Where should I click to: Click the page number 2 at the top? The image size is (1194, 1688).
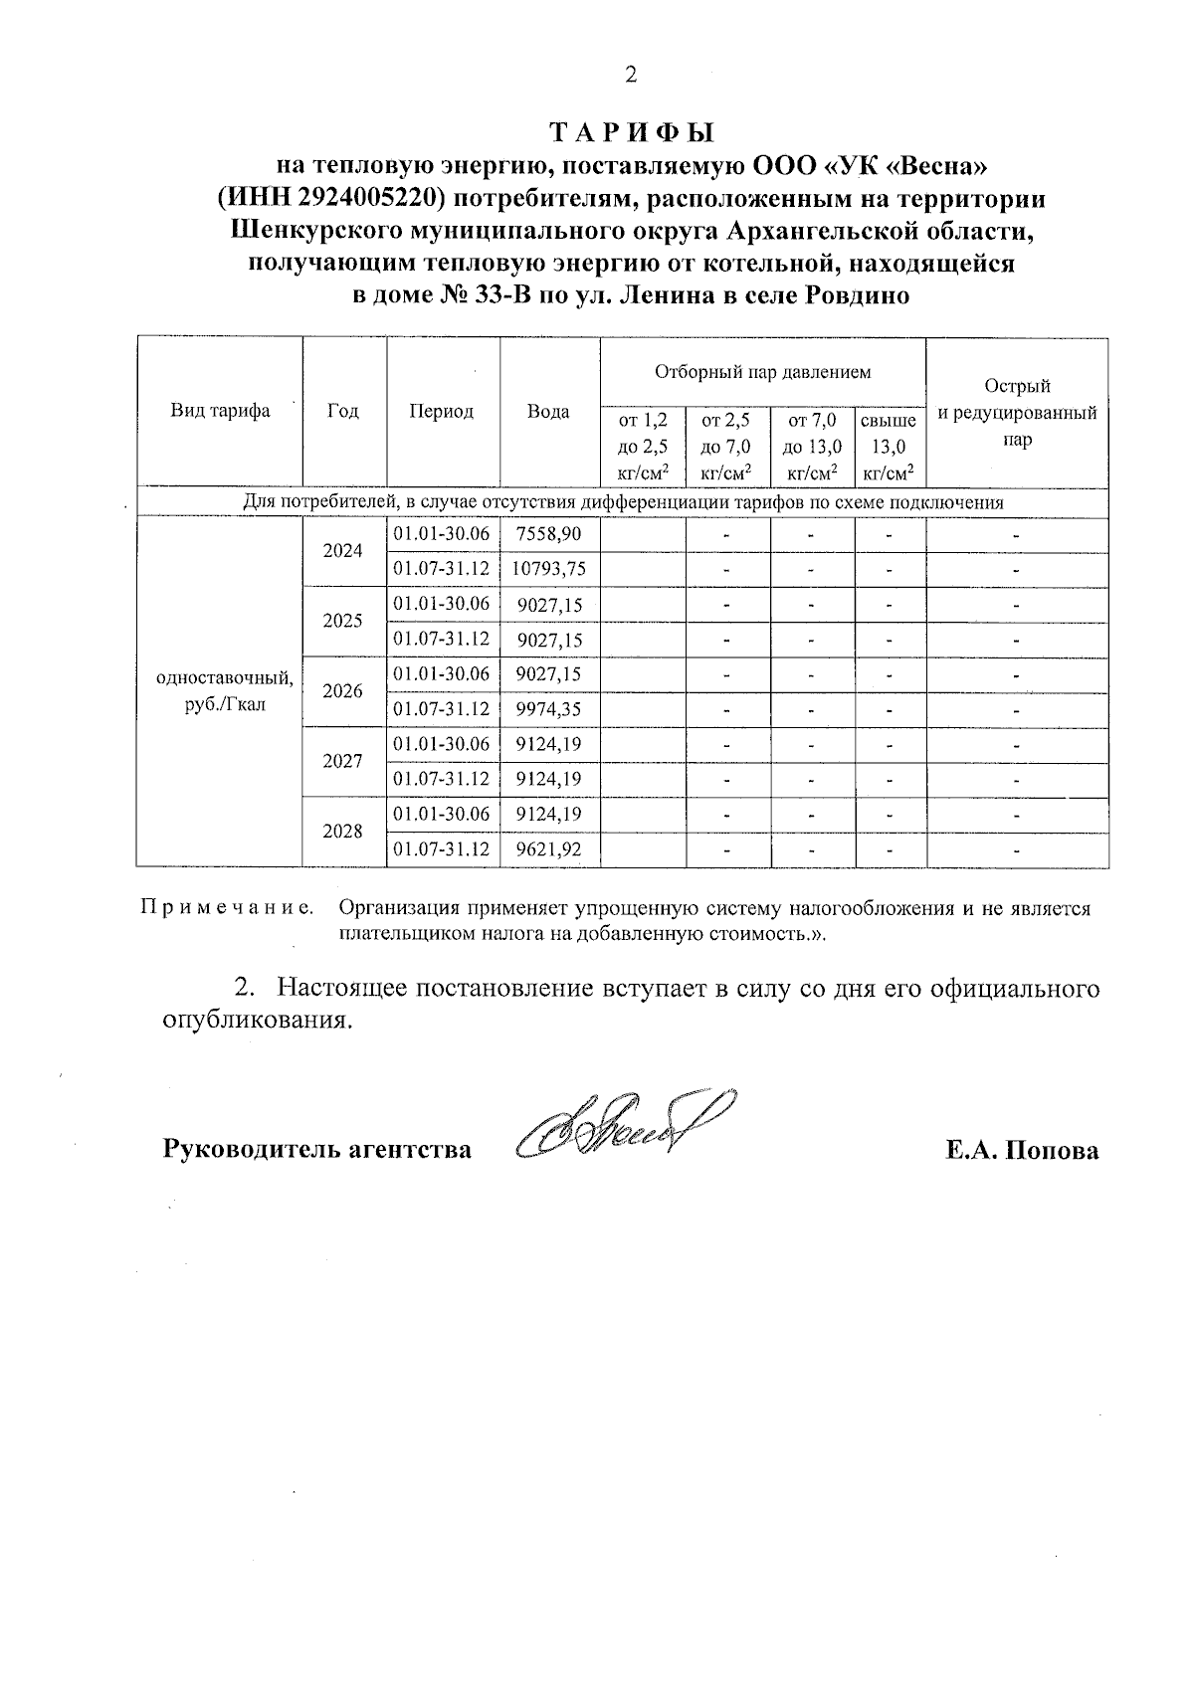click(x=629, y=75)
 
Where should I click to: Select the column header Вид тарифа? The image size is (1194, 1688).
click(x=220, y=411)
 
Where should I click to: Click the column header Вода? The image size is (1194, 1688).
click(x=548, y=411)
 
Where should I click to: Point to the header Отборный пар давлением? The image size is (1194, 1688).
click(x=762, y=372)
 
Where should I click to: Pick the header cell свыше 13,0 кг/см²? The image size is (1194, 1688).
click(x=889, y=447)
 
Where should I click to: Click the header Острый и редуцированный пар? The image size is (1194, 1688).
click(x=1017, y=412)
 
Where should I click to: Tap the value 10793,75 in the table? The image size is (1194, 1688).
click(x=548, y=569)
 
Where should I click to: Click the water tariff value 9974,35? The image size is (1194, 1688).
click(x=548, y=709)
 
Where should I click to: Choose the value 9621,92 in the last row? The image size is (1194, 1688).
click(x=548, y=849)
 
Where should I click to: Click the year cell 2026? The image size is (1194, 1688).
click(x=343, y=691)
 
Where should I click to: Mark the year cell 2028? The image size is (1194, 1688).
click(x=343, y=832)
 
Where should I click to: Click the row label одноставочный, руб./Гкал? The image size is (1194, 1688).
click(x=220, y=691)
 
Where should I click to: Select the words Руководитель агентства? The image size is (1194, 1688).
click(x=316, y=1150)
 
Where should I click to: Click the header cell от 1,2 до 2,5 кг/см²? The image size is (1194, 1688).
click(x=643, y=447)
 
